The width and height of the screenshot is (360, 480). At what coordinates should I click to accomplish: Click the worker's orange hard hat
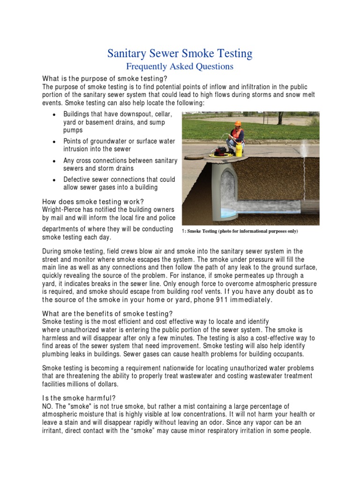[x=238, y=124]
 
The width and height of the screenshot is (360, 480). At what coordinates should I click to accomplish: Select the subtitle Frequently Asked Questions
[x=180, y=67]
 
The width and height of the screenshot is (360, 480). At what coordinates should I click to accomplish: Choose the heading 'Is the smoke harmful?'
[x=80, y=398]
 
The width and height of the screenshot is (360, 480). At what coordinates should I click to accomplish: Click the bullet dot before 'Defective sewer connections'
[x=55, y=180]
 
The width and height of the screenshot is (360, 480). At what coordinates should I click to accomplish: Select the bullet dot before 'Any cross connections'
[x=55, y=161]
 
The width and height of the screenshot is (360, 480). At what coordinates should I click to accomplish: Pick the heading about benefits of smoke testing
[x=108, y=313]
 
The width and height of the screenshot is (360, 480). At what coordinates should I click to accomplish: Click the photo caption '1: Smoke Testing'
[x=239, y=232]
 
